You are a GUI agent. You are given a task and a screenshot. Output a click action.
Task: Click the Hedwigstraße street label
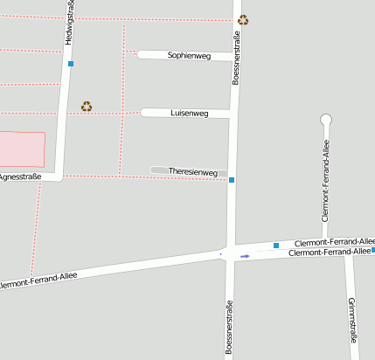(70, 24)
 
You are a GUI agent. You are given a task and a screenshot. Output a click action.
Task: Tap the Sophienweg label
(190, 56)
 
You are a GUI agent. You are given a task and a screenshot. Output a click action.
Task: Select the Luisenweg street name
(190, 114)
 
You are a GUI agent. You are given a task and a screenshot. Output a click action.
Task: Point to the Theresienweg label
(192, 172)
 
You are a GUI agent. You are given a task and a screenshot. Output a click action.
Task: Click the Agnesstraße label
(20, 177)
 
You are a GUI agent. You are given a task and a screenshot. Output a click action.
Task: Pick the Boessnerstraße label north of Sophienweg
(236, 56)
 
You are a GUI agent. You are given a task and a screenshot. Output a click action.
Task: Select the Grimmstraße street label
(352, 320)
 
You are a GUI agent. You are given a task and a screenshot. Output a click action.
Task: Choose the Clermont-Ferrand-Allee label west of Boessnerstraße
(38, 280)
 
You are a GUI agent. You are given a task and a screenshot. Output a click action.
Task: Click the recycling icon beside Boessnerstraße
(243, 19)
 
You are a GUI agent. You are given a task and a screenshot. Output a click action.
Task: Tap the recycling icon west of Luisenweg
(87, 107)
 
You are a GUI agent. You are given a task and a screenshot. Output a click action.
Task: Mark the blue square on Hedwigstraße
(71, 64)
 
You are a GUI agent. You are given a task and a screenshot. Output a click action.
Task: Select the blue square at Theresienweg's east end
(232, 180)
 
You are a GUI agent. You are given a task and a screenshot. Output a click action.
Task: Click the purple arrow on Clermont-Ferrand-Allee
(245, 256)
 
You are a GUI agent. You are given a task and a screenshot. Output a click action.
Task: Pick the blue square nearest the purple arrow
(276, 246)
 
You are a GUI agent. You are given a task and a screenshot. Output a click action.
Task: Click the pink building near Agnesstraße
(22, 149)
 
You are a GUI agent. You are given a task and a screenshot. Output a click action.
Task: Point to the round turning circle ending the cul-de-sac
(326, 120)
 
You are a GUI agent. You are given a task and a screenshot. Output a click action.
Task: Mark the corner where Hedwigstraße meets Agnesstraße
(59, 177)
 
